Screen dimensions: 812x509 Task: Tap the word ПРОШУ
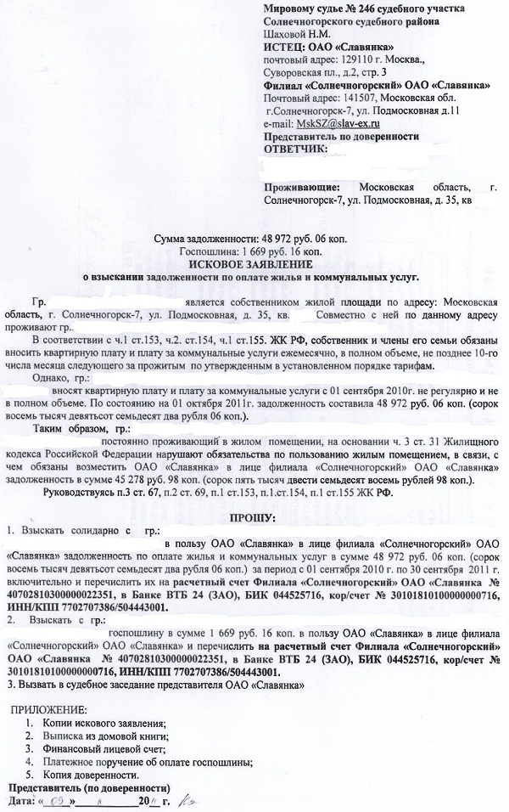252,517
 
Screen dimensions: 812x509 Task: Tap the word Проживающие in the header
300,186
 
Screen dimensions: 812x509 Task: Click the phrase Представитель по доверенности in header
342,137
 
